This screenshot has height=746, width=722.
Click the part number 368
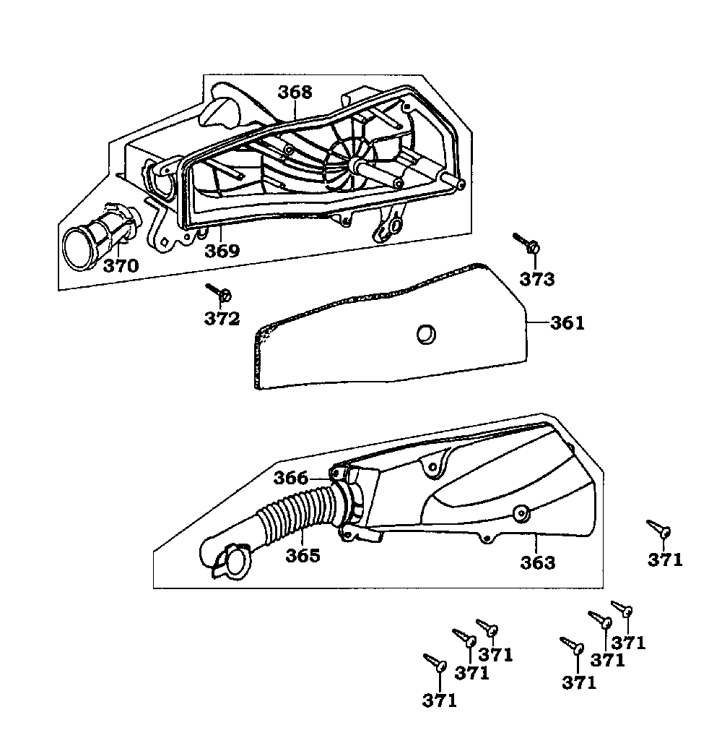tap(295, 93)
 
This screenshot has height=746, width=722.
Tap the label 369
tap(222, 251)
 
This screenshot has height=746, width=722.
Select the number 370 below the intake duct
tap(121, 265)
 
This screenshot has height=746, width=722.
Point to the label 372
tap(222, 318)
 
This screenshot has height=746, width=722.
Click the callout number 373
tap(537, 279)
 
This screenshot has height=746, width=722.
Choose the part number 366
tap(291, 478)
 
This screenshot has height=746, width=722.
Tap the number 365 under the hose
tap(303, 556)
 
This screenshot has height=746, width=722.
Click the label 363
tap(538, 562)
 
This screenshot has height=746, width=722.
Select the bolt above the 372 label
tap(219, 292)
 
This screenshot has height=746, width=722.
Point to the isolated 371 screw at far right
tap(659, 528)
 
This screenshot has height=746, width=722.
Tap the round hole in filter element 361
tap(426, 333)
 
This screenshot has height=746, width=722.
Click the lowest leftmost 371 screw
tap(436, 661)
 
